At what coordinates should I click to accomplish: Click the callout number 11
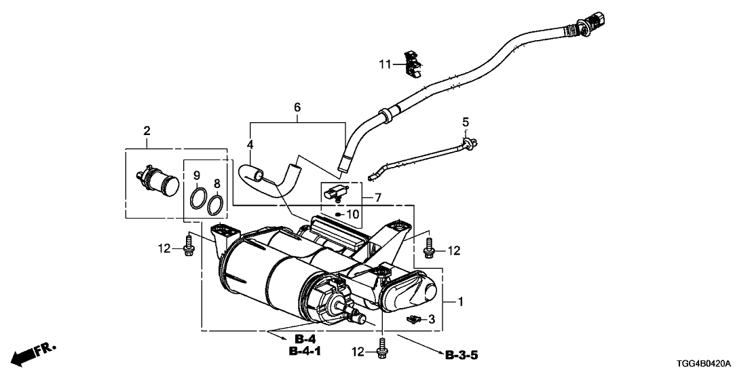[386, 64]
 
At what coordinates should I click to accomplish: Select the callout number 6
[297, 108]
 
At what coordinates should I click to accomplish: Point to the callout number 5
[466, 122]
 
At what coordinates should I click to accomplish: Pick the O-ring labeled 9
[198, 199]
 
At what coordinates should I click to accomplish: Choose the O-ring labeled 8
[216, 203]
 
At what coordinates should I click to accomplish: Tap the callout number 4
[250, 145]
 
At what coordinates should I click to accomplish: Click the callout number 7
[378, 198]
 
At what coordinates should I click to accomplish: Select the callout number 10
[352, 214]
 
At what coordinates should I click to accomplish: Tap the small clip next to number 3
[411, 318]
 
